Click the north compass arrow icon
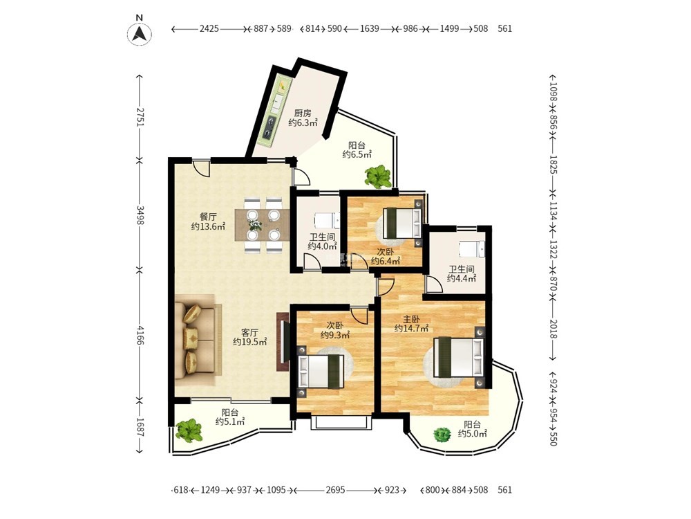[140, 33]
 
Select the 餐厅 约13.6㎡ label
[208, 221]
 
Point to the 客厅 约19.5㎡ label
[250, 337]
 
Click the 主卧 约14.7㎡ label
[412, 323]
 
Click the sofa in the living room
[196, 337]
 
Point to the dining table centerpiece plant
[254, 225]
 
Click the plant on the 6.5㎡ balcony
[378, 176]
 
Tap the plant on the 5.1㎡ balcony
[189, 430]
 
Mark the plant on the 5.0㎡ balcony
[442, 435]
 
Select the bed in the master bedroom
[459, 357]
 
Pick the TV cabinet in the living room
[283, 342]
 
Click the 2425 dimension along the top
[209, 28]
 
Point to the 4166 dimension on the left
[140, 336]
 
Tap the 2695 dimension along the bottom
[335, 490]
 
